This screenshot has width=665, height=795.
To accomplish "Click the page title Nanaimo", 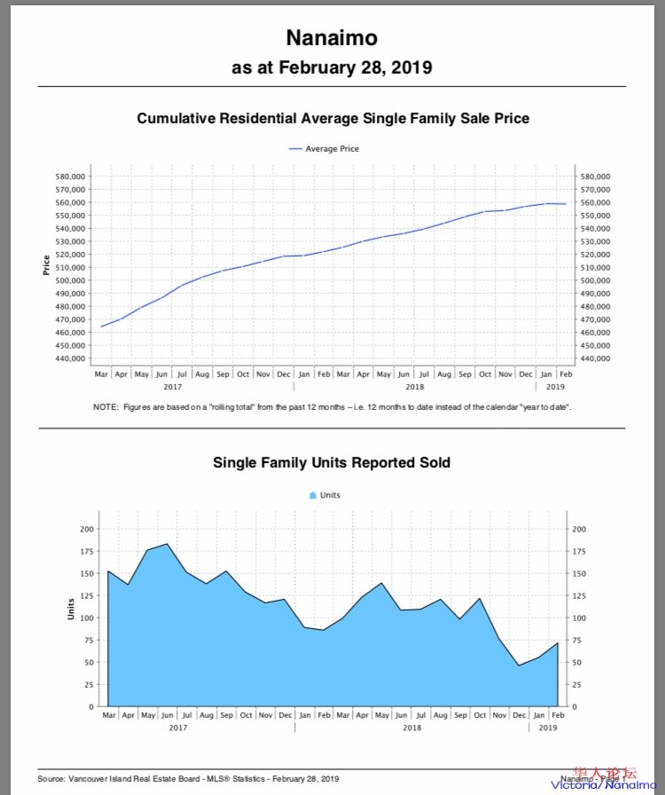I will [332, 38].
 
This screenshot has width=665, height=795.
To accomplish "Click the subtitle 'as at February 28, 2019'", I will [332, 67].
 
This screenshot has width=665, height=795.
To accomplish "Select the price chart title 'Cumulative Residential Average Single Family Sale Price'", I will [332, 118].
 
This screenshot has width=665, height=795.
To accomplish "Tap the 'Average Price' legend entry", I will [332, 149].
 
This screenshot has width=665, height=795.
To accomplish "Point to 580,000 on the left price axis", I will [71, 177].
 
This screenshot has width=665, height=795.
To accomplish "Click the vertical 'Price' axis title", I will [46, 264].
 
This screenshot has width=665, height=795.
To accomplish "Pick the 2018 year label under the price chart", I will [414, 387].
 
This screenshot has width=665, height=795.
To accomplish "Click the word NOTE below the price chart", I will [105, 407].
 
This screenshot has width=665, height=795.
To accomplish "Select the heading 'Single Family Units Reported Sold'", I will [332, 462].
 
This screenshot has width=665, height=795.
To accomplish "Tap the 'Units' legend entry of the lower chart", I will [329, 495].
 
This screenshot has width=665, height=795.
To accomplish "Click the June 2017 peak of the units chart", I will [167, 544].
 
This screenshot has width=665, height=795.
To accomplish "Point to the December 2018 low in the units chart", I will [519, 665].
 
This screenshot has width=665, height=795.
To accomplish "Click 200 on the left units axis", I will [86, 529].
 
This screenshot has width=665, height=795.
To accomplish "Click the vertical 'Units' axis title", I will [71, 608].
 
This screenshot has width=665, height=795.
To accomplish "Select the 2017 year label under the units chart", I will [178, 728].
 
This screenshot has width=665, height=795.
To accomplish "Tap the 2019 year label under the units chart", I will [549, 728].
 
